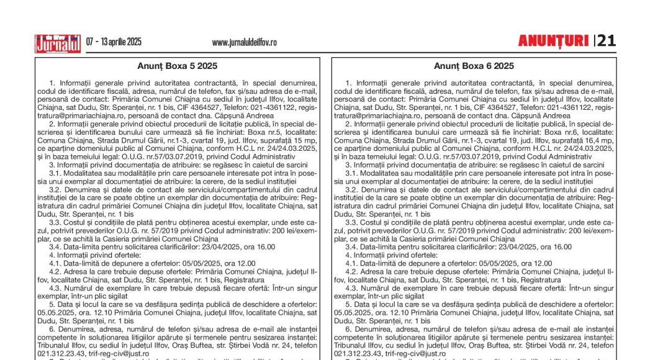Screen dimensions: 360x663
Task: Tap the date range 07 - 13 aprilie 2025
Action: click(114, 42)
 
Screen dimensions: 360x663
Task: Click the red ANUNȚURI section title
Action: click(553, 42)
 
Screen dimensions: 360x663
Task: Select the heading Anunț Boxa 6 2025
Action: click(474, 66)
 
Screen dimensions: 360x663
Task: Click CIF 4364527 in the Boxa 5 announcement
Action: click(191, 107)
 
